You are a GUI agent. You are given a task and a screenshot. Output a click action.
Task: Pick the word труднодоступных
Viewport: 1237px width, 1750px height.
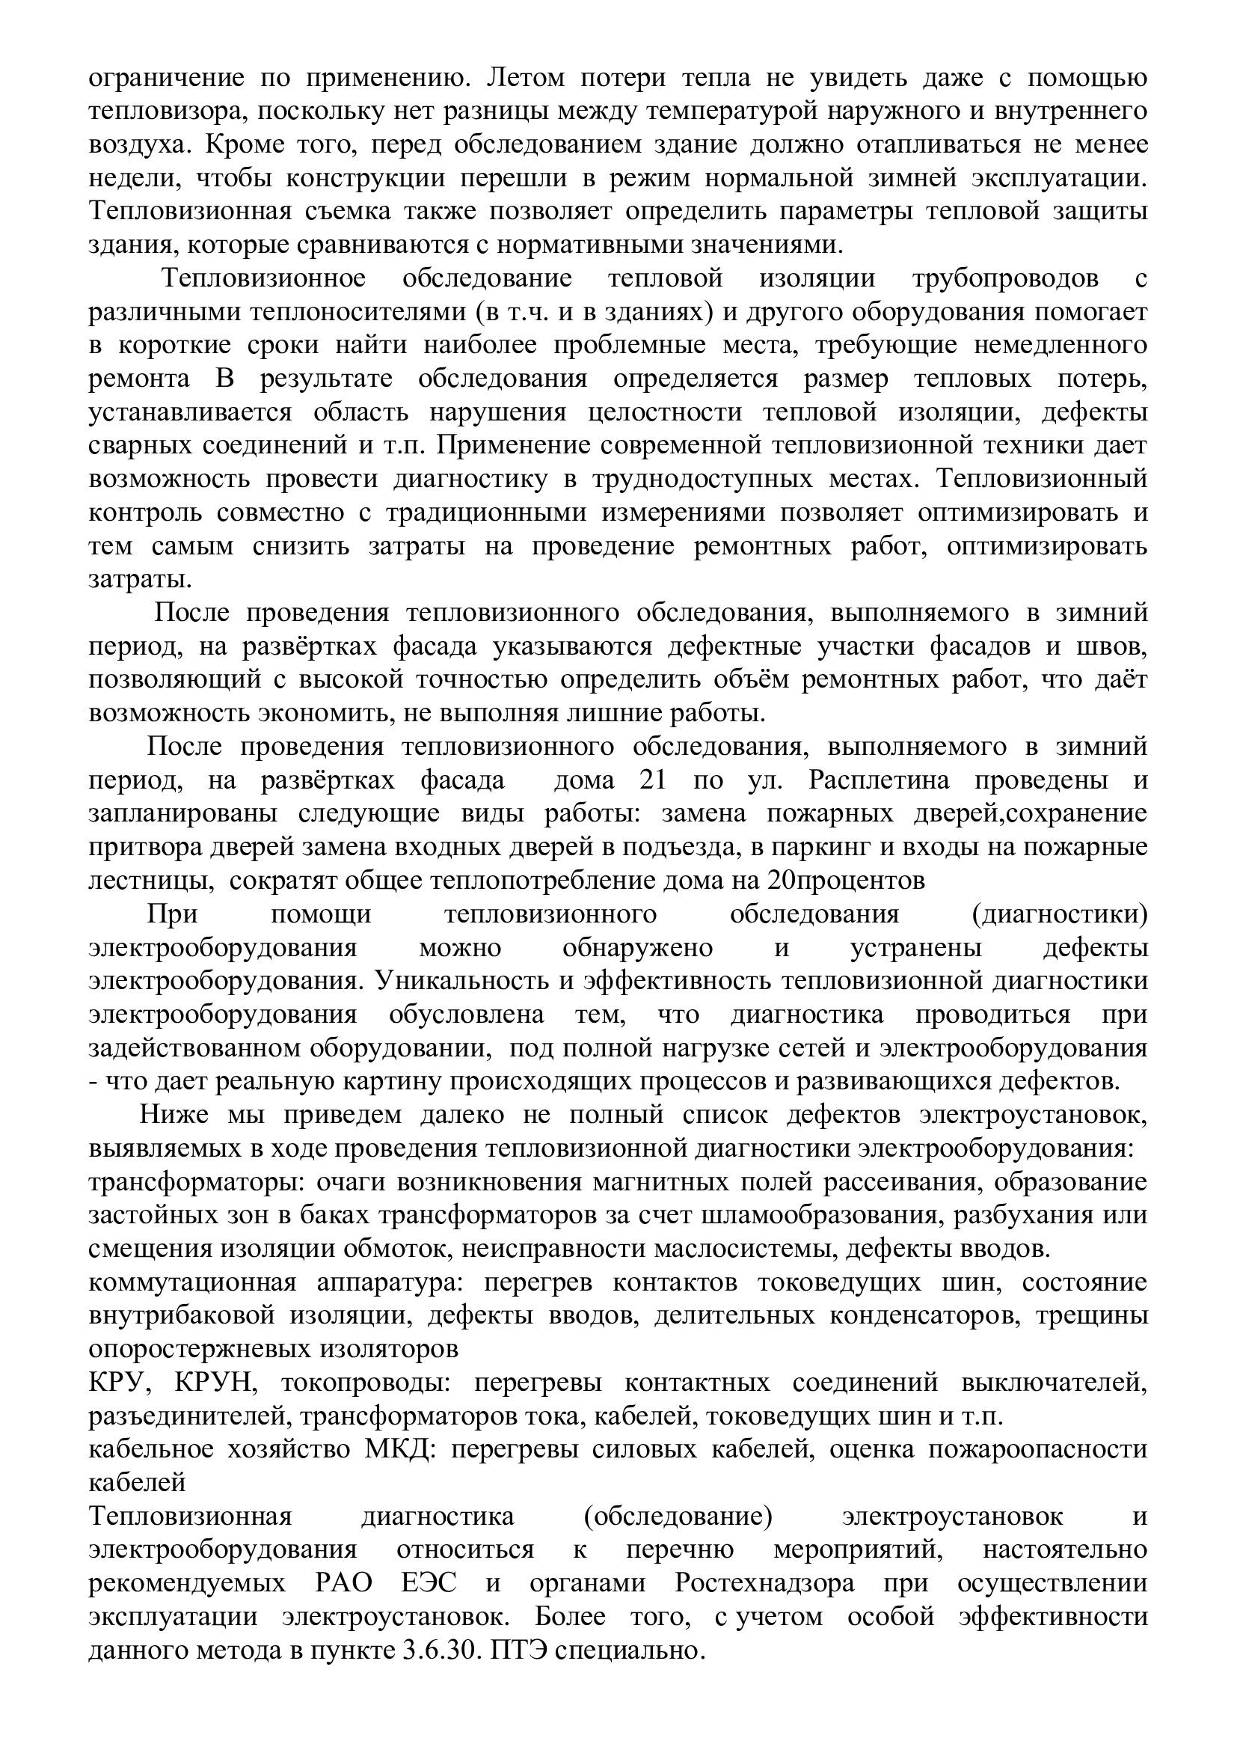[737, 479]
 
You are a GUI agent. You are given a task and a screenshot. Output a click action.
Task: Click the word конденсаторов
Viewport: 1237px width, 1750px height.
[899, 1315]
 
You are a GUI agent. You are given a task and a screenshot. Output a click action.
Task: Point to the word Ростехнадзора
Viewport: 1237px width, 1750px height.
[764, 1583]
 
